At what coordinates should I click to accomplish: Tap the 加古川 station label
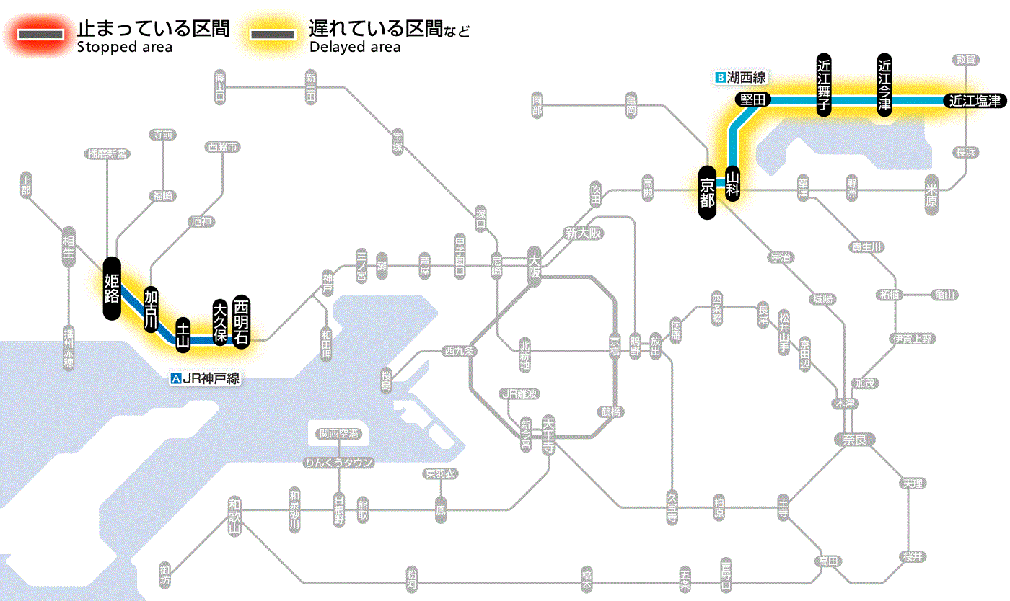click(x=151, y=309)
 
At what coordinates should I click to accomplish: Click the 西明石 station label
click(x=241, y=321)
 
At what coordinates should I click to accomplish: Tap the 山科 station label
click(x=733, y=183)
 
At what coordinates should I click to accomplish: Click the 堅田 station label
click(x=753, y=100)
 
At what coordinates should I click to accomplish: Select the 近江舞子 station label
click(x=824, y=84)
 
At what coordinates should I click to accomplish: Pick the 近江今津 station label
click(x=884, y=84)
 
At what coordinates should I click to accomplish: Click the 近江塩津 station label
click(x=975, y=101)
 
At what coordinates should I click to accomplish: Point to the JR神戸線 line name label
click(x=205, y=378)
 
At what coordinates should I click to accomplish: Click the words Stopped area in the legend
click(x=125, y=48)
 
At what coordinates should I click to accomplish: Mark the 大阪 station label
click(x=534, y=266)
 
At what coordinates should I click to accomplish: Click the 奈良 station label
click(x=853, y=439)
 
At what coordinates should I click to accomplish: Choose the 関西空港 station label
click(x=340, y=434)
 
